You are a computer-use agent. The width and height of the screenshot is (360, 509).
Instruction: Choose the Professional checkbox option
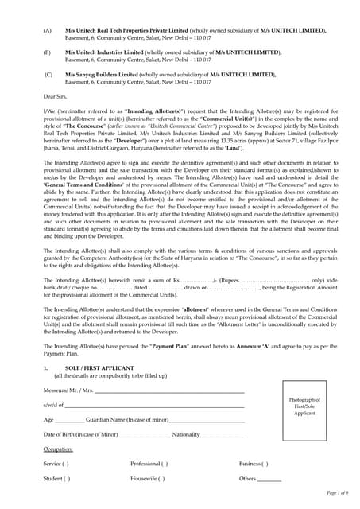[x=149, y=464]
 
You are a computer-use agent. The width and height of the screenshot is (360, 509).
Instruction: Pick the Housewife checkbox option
[x=149, y=479]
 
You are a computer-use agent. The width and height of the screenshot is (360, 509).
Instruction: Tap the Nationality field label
[x=186, y=434]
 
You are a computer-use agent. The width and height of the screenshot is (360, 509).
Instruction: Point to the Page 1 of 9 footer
[x=331, y=494]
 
